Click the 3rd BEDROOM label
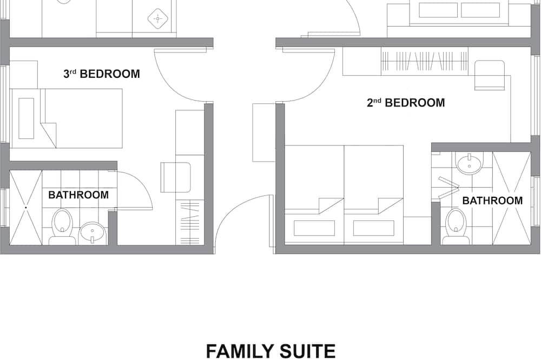click(102, 74)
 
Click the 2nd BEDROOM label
click(406, 102)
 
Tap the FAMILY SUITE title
click(270, 351)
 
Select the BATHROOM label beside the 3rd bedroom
click(78, 195)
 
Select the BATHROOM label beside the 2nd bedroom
click(492, 201)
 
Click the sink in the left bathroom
click(92, 233)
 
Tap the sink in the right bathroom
click(469, 163)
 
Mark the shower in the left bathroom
click(26, 208)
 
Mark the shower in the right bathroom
click(512, 198)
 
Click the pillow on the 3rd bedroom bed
click(26, 118)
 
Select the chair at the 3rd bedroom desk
click(176, 177)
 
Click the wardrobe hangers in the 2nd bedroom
click(425, 61)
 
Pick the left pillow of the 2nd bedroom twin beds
click(314, 228)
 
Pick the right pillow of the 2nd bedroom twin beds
click(374, 228)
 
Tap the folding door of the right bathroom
click(448, 188)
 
